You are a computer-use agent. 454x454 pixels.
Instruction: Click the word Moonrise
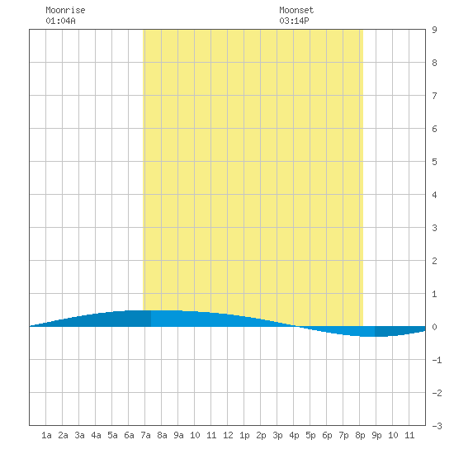point(65,11)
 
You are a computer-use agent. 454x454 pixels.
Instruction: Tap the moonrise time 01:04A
point(60,21)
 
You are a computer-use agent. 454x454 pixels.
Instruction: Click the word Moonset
point(296,11)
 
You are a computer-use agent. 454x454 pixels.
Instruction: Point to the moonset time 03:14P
point(294,21)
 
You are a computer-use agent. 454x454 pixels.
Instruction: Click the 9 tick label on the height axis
point(434,30)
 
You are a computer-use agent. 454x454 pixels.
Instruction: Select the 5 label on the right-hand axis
point(434,162)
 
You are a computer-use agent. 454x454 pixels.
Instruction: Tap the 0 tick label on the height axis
point(434,327)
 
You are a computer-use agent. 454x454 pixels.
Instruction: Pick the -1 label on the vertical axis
point(437,360)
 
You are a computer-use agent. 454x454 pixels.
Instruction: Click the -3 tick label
point(437,426)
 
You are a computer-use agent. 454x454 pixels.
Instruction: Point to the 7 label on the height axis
point(434,96)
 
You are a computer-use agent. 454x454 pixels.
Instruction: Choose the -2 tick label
point(437,393)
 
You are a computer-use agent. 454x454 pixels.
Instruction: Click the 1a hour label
point(46,435)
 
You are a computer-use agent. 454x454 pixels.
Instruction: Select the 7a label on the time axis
point(145,435)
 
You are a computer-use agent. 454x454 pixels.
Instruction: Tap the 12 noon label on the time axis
point(228,435)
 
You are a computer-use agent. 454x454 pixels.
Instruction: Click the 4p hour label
point(294,435)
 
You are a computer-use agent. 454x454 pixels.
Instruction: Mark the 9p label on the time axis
point(376,435)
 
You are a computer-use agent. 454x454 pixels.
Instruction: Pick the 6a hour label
point(129,435)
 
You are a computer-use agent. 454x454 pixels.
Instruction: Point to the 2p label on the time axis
point(261,435)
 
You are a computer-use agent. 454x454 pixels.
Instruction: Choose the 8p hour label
point(360,435)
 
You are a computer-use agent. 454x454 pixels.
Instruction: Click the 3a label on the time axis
point(79,435)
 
